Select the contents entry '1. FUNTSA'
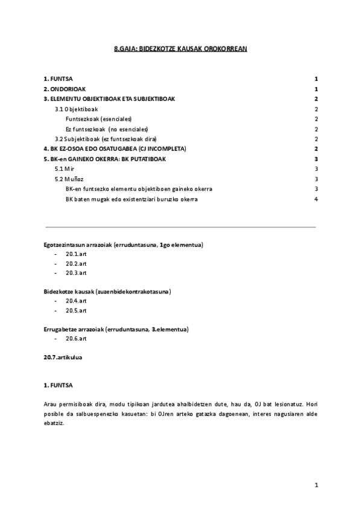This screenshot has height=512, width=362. click(x=58, y=78)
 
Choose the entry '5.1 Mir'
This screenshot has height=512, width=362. click(x=65, y=168)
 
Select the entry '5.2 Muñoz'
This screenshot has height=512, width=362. click(x=69, y=179)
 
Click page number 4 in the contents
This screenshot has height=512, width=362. click(x=316, y=199)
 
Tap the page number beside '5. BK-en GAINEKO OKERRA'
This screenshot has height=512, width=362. click(x=316, y=159)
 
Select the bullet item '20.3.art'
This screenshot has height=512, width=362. click(x=77, y=272)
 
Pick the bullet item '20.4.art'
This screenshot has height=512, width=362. click(x=77, y=301)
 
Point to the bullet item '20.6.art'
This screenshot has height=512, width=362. click(x=77, y=339)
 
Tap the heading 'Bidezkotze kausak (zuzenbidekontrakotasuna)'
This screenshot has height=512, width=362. click(x=107, y=292)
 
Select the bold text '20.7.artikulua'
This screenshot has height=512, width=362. click(x=63, y=357)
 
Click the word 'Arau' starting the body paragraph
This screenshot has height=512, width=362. click(x=50, y=403)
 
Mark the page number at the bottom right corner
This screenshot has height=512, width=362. click(x=316, y=484)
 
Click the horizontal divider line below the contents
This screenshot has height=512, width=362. click(x=180, y=227)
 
